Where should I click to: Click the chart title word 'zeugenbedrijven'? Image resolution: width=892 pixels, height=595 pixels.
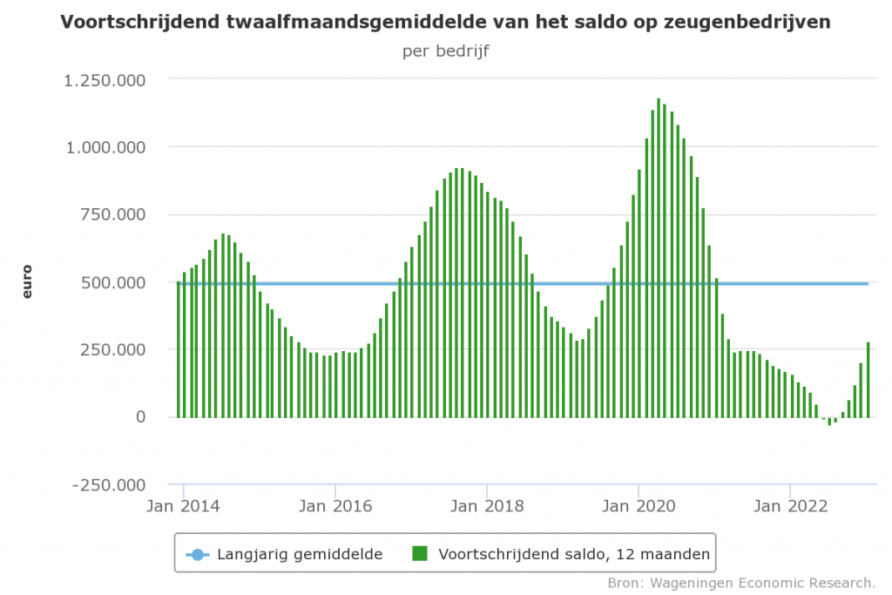(x=756, y=22)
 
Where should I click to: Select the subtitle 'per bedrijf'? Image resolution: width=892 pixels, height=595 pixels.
(x=445, y=51)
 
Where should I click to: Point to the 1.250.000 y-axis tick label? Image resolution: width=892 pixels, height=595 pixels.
(x=104, y=80)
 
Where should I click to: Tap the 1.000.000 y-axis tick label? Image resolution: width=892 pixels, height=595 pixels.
(x=104, y=147)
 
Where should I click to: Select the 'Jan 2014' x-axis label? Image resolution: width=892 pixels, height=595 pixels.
(x=184, y=505)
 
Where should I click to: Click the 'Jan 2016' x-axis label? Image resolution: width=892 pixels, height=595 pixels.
(x=335, y=505)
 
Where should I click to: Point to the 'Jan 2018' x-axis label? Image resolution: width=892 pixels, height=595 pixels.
(x=487, y=505)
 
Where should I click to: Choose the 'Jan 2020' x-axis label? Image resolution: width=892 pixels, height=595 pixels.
(x=639, y=505)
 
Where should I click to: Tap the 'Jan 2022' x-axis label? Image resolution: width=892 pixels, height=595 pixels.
(x=790, y=505)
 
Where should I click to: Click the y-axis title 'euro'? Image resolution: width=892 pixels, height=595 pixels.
(x=27, y=282)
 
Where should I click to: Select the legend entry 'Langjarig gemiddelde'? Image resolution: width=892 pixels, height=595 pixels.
(x=300, y=554)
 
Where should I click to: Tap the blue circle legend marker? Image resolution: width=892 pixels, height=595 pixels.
(x=198, y=554)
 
